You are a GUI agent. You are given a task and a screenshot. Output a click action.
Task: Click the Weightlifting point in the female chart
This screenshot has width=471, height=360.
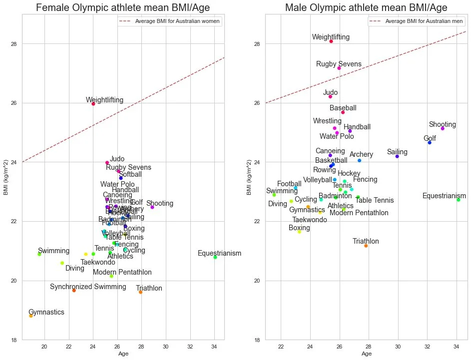click(x=93, y=104)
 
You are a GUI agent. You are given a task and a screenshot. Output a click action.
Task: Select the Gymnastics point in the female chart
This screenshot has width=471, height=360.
click(x=31, y=316)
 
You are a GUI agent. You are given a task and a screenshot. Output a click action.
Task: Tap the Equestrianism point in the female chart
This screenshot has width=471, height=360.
click(x=215, y=257)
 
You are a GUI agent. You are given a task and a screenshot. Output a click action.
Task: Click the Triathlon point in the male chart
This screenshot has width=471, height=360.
click(x=366, y=246)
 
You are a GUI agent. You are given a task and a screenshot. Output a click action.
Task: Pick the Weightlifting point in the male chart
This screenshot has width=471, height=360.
click(x=331, y=41)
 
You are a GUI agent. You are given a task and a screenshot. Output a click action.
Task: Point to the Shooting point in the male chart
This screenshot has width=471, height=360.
click(x=443, y=128)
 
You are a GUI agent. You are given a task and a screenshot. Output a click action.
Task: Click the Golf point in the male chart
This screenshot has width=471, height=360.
click(x=430, y=143)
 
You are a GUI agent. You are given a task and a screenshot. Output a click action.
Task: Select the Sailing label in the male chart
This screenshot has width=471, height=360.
click(x=397, y=152)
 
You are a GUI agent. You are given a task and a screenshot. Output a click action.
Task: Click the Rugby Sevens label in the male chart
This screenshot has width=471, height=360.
click(x=339, y=64)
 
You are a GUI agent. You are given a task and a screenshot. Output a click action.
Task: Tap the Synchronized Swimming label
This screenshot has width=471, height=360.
click(x=88, y=287)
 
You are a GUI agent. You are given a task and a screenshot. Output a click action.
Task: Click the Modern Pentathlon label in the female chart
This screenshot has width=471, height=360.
click(x=122, y=273)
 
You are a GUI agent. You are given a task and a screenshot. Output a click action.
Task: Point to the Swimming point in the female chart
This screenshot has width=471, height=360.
click(x=39, y=254)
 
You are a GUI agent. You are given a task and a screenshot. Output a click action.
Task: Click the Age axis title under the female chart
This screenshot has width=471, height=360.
click(x=123, y=354)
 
